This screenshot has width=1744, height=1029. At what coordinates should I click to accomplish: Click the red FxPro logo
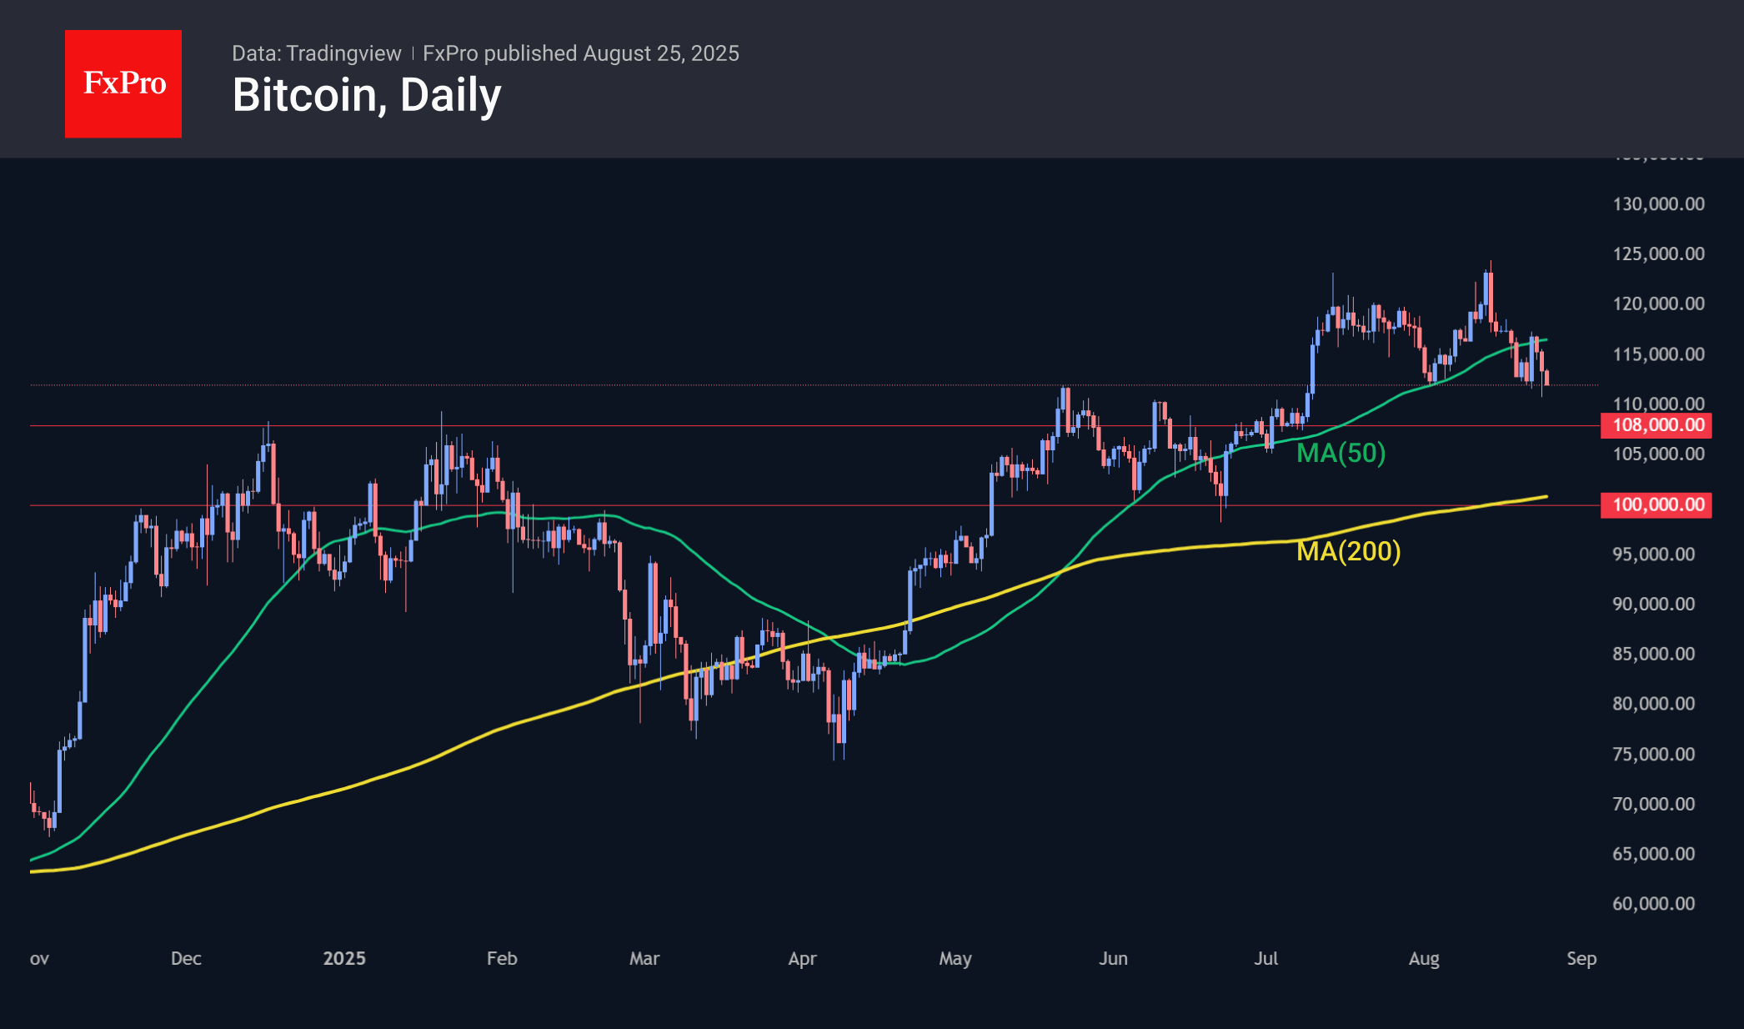(123, 83)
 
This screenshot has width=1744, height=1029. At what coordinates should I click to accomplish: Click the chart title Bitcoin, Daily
(367, 95)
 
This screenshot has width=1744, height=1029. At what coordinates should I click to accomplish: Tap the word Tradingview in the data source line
(343, 53)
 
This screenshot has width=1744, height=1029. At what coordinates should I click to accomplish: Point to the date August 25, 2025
(661, 53)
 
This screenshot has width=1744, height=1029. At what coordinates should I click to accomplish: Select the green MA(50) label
(1341, 453)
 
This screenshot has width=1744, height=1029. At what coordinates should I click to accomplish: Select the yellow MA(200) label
(1348, 551)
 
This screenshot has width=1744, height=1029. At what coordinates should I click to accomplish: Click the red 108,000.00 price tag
(1656, 425)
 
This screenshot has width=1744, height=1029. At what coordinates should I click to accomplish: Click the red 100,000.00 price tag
(1656, 504)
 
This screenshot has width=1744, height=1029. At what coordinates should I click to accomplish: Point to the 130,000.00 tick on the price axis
(1658, 204)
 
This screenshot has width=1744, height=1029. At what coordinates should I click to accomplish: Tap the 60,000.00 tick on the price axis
(1653, 904)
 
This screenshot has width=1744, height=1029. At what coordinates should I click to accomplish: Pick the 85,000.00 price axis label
(1653, 654)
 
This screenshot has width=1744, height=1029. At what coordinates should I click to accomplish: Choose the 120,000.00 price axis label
(1658, 304)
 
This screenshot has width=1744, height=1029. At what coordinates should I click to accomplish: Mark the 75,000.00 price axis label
(1653, 754)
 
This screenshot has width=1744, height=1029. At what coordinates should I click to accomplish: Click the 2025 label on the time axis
(344, 958)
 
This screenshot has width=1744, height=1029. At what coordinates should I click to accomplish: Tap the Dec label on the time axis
(186, 958)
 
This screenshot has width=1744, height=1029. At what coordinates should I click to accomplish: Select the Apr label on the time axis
(802, 958)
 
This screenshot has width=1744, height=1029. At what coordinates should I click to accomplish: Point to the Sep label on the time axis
(1581, 958)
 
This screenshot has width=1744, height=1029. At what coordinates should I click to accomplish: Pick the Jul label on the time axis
(1265, 958)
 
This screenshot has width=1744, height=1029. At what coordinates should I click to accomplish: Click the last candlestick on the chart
(1546, 378)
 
